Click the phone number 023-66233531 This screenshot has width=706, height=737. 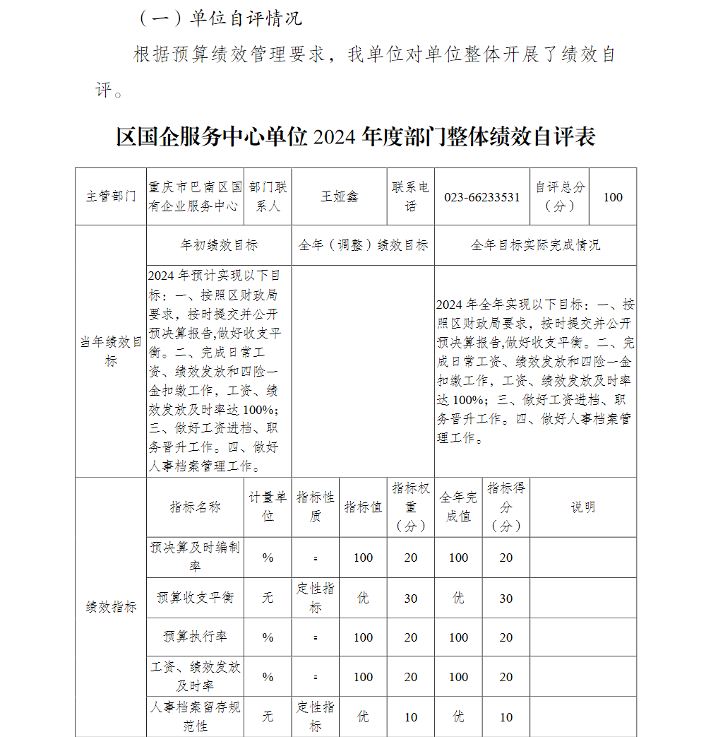click(481, 197)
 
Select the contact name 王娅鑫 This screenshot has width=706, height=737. click(340, 197)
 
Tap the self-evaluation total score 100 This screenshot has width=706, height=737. click(613, 197)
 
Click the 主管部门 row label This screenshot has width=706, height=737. click(111, 197)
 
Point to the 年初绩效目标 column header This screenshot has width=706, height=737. click(219, 245)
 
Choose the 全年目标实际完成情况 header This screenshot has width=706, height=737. click(535, 245)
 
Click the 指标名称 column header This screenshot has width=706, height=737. click(195, 507)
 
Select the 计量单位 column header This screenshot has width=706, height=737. click(268, 507)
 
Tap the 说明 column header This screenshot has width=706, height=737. click(582, 507)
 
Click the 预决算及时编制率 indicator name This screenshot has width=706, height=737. click(195, 557)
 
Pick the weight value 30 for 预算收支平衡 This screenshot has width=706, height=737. click(411, 599)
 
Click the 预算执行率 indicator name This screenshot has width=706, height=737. click(195, 637)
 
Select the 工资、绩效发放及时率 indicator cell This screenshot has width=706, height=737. click(195, 676)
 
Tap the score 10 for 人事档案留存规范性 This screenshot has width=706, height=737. click(506, 717)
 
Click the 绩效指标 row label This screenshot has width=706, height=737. click(111, 607)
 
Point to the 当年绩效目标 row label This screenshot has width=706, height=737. click(111, 351)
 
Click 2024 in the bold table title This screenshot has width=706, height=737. click(334, 137)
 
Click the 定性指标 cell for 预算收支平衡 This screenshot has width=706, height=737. click(315, 598)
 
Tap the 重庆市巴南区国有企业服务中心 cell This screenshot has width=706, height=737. click(195, 197)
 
